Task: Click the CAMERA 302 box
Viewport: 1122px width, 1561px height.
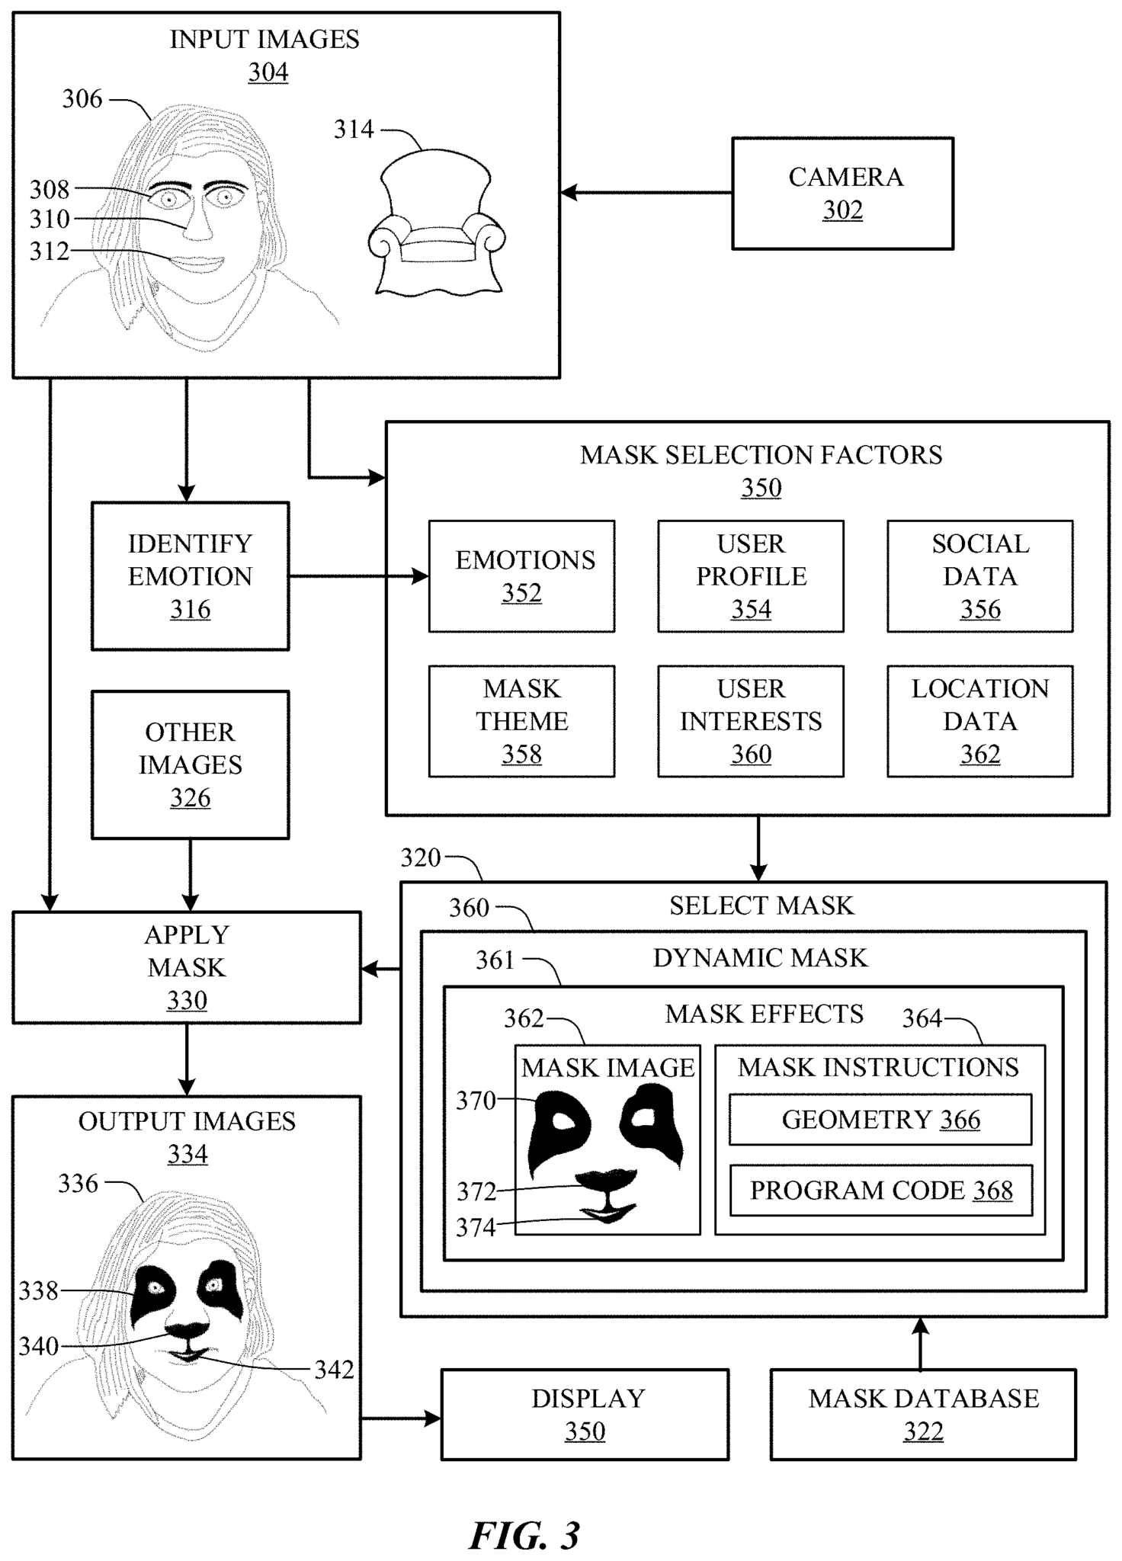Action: pos(842,193)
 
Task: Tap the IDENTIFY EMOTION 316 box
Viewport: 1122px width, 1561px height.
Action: pos(190,575)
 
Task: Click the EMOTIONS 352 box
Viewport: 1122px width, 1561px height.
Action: pos(521,575)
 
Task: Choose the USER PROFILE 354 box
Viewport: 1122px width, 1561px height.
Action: pos(750,575)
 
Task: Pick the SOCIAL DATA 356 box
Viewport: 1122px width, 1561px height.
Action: pos(979,575)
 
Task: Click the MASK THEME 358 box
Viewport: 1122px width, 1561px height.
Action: pos(521,720)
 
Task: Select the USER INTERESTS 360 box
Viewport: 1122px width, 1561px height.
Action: pos(750,720)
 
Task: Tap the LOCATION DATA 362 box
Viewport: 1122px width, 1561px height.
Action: pos(979,720)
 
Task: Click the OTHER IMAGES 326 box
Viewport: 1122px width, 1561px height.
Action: pos(190,764)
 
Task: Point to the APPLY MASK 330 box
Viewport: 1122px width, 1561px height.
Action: pos(187,966)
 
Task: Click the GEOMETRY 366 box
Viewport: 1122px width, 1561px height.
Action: pos(880,1119)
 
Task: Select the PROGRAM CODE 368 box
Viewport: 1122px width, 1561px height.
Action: pos(880,1190)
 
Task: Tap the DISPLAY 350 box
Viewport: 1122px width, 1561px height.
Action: pos(585,1414)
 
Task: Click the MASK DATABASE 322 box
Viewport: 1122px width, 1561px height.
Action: pos(923,1414)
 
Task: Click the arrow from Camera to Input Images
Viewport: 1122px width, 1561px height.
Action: pos(646,193)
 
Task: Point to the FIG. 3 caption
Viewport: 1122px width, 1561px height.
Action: pos(524,1534)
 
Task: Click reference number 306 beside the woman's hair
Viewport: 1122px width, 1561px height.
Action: pos(82,98)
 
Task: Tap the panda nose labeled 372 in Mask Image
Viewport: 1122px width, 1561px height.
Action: pos(606,1179)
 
